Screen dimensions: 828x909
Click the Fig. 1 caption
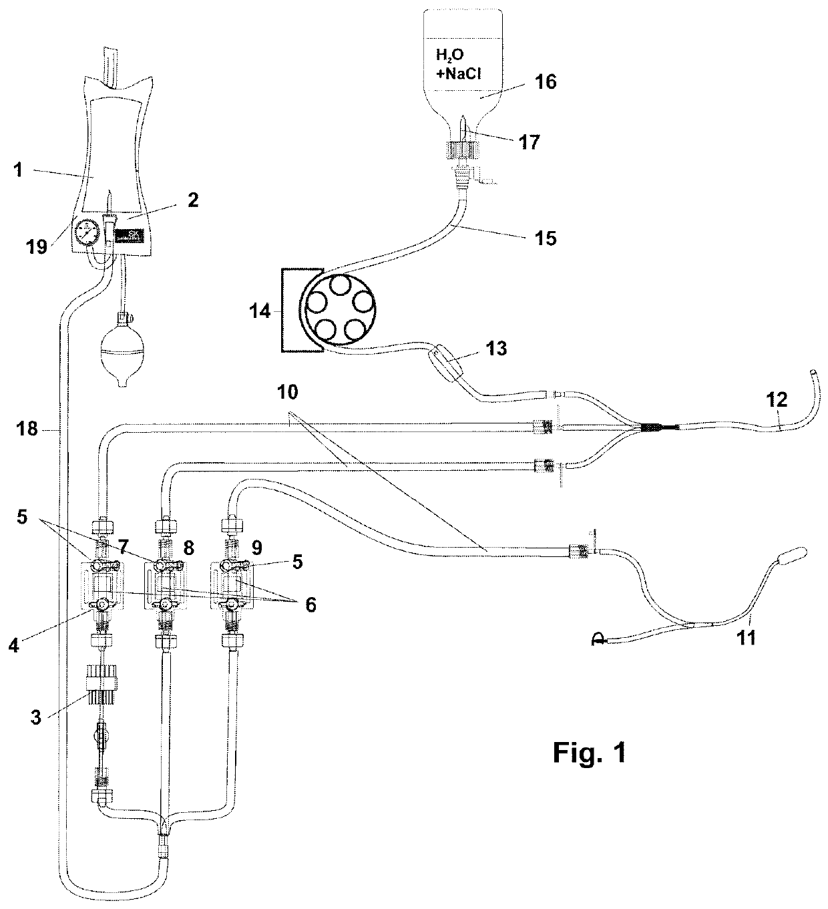pyautogui.click(x=590, y=753)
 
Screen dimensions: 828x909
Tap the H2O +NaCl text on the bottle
pyautogui.click(x=458, y=64)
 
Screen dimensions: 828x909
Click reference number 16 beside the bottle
pyautogui.click(x=545, y=82)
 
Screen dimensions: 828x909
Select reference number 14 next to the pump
pyautogui.click(x=260, y=312)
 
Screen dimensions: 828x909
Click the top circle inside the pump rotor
pyautogui.click(x=339, y=287)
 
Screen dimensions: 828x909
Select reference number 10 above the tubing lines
pyautogui.click(x=287, y=392)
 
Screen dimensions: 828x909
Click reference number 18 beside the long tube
pyautogui.click(x=27, y=429)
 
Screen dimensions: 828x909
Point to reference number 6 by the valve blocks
pyautogui.click(x=310, y=605)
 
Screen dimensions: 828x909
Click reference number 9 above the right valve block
pyautogui.click(x=256, y=548)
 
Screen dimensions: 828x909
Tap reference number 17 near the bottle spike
pyautogui.click(x=529, y=142)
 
